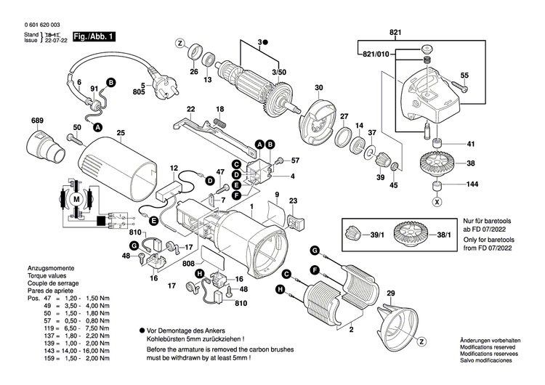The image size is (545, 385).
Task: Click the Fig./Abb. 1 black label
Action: tap(94, 36)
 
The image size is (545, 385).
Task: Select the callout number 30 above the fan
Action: tap(318, 88)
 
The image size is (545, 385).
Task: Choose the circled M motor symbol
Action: tap(76, 198)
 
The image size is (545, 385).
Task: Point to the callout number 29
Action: tap(390, 293)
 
